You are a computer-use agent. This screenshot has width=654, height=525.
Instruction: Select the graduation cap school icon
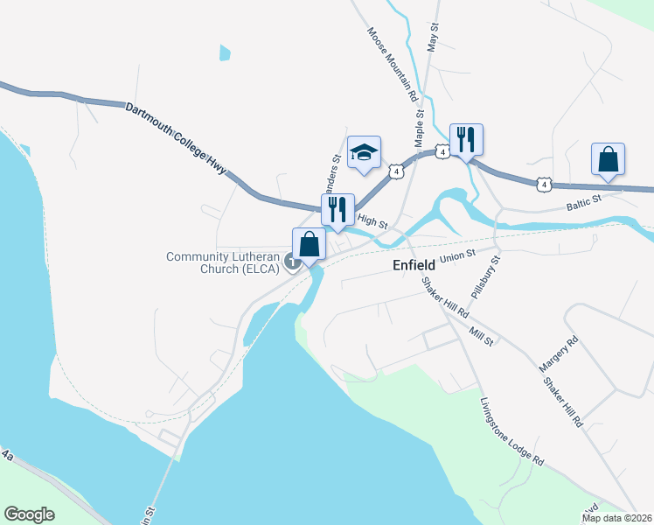364,152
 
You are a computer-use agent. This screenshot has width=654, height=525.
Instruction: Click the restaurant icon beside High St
337,210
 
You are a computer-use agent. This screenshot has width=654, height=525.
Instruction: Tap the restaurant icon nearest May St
465,139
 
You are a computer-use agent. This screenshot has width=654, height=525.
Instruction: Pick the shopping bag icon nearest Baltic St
608,160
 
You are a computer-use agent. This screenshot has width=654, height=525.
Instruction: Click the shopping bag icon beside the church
309,244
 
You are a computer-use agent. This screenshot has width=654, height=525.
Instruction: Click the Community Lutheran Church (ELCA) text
223,262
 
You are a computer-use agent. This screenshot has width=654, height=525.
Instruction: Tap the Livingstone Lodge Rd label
511,433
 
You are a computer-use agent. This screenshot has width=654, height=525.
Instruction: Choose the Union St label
456,256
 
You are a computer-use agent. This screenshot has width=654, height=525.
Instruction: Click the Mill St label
481,335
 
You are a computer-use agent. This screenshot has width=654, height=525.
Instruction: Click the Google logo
29,514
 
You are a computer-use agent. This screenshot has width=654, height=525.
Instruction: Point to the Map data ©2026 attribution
617,518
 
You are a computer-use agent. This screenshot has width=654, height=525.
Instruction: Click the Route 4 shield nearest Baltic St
545,184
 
